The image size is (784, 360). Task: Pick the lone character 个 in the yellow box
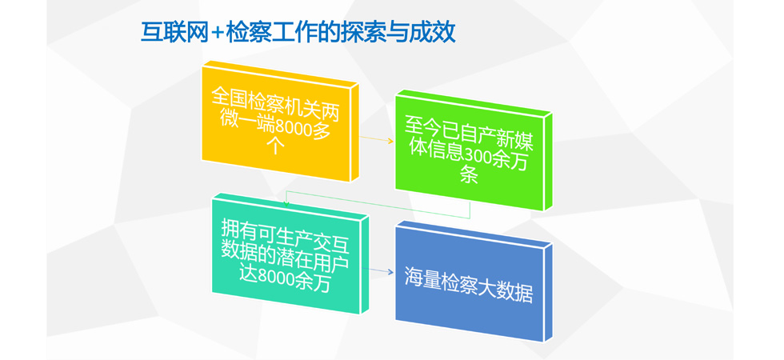pyautogui.click(x=276, y=145)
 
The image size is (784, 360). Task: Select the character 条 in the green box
pyautogui.click(x=469, y=175)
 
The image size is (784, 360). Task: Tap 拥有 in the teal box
pyautogui.click(x=239, y=230)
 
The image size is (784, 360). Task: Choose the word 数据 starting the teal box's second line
pyautogui.click(x=239, y=254)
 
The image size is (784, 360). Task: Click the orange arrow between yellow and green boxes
pyautogui.click(x=377, y=139)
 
